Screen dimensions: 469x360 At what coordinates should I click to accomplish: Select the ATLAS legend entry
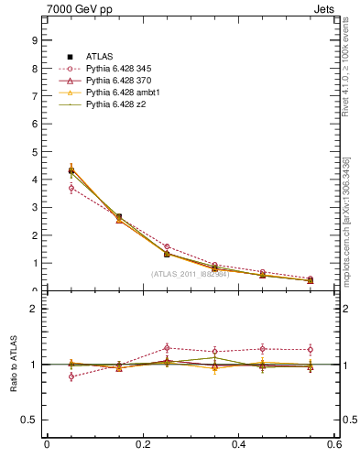(x=100, y=56)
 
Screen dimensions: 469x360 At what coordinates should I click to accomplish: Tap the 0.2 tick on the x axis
(x=142, y=445)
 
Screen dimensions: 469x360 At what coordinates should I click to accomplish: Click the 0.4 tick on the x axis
(x=238, y=445)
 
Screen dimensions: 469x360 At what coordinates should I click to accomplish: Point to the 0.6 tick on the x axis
(x=333, y=445)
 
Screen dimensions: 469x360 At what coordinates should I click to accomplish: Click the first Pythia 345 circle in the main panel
(x=71, y=188)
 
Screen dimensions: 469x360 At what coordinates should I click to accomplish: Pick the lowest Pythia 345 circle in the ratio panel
(x=71, y=376)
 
